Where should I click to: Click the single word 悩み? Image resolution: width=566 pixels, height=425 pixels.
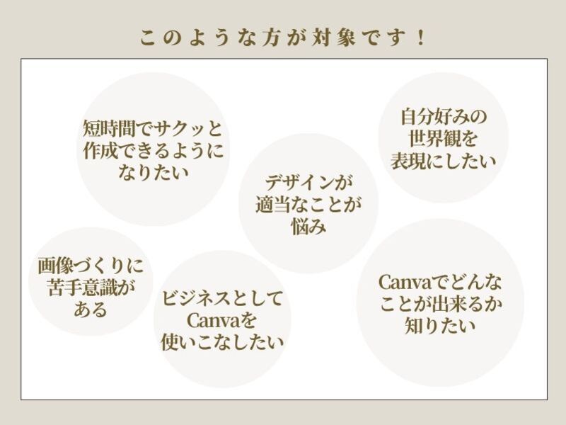click(x=308, y=227)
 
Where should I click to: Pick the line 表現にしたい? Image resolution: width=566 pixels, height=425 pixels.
click(x=444, y=159)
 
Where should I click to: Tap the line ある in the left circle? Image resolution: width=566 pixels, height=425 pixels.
click(x=90, y=310)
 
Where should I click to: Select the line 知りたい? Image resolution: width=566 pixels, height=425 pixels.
click(x=439, y=326)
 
